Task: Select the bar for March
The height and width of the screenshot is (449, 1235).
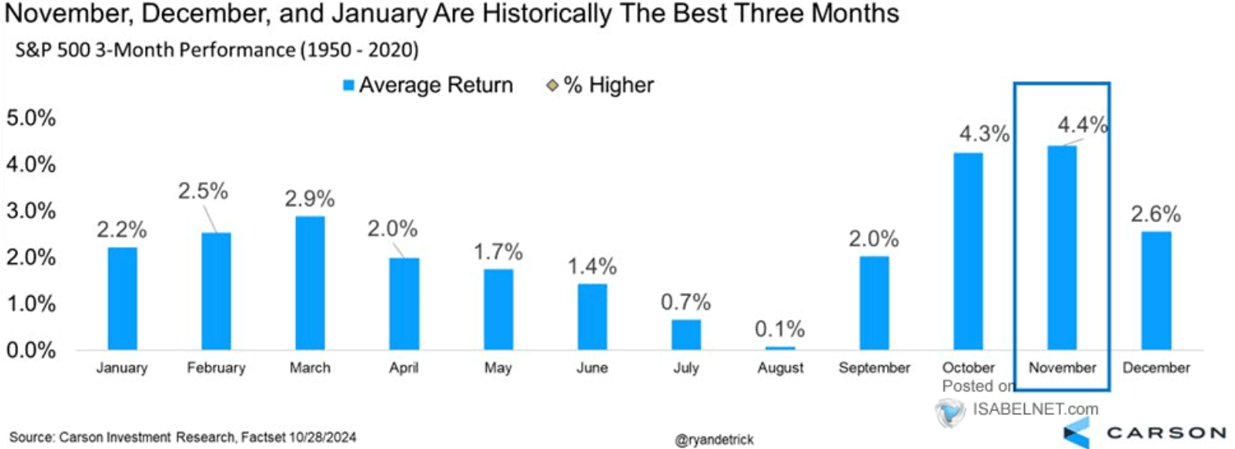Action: [x=310, y=283]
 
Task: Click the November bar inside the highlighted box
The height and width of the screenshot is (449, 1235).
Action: [x=1061, y=247]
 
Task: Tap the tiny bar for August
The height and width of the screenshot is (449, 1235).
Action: [x=780, y=347]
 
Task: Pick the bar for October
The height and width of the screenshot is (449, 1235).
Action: [x=967, y=251]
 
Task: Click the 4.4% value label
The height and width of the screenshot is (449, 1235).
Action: [x=1081, y=126]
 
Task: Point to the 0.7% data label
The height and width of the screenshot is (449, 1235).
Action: [x=685, y=301]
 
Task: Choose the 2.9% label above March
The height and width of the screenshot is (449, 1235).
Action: [x=310, y=197]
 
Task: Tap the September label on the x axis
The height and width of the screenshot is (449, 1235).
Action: [x=874, y=368]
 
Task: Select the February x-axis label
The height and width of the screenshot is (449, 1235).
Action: [x=217, y=368]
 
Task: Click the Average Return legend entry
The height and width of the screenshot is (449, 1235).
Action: [x=429, y=85]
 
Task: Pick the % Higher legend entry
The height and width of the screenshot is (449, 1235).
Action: [x=603, y=85]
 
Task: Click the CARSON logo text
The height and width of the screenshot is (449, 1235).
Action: [x=1166, y=432]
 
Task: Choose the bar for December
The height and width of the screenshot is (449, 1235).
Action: [x=1155, y=291]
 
